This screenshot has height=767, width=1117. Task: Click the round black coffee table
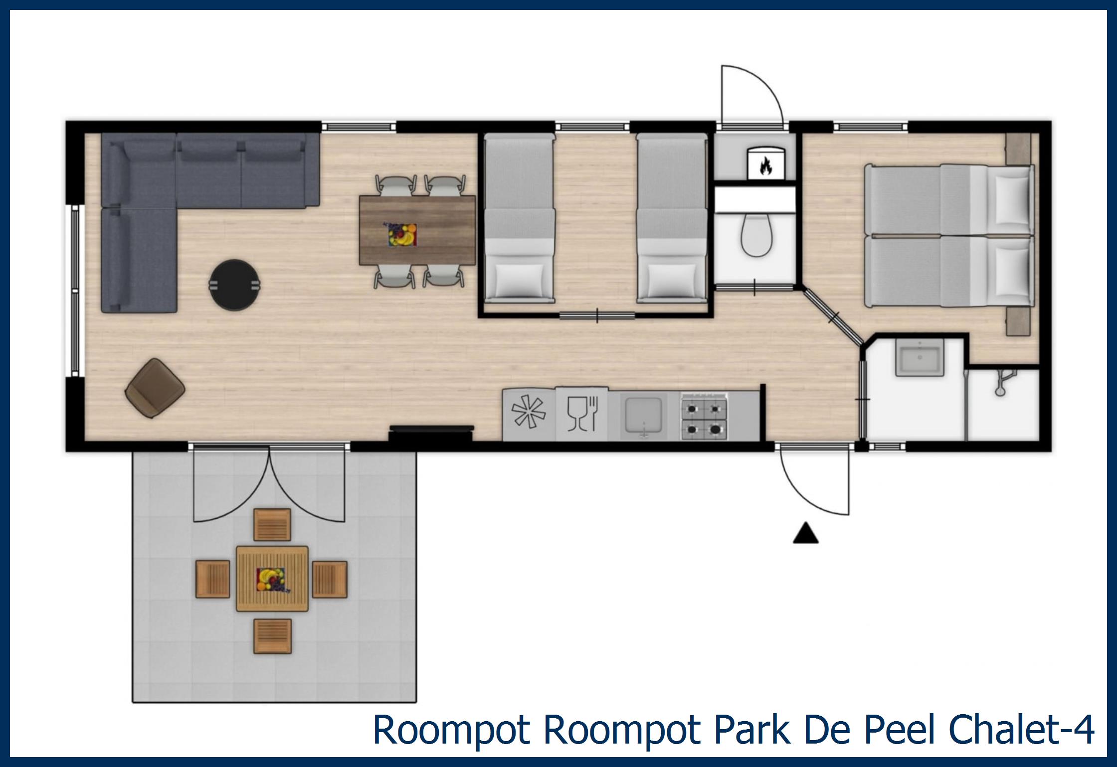tap(235, 285)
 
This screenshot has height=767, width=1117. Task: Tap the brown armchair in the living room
tap(155, 388)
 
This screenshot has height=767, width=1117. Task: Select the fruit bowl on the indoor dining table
tap(402, 234)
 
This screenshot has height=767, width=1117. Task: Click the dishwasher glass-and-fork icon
tap(582, 413)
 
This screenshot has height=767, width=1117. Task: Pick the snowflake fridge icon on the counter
tap(529, 413)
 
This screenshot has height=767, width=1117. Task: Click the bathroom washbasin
tap(918, 357)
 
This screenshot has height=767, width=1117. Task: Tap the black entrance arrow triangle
tap(806, 533)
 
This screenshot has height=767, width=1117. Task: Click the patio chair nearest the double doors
tap(272, 524)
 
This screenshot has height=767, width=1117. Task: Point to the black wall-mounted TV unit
tap(431, 432)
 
